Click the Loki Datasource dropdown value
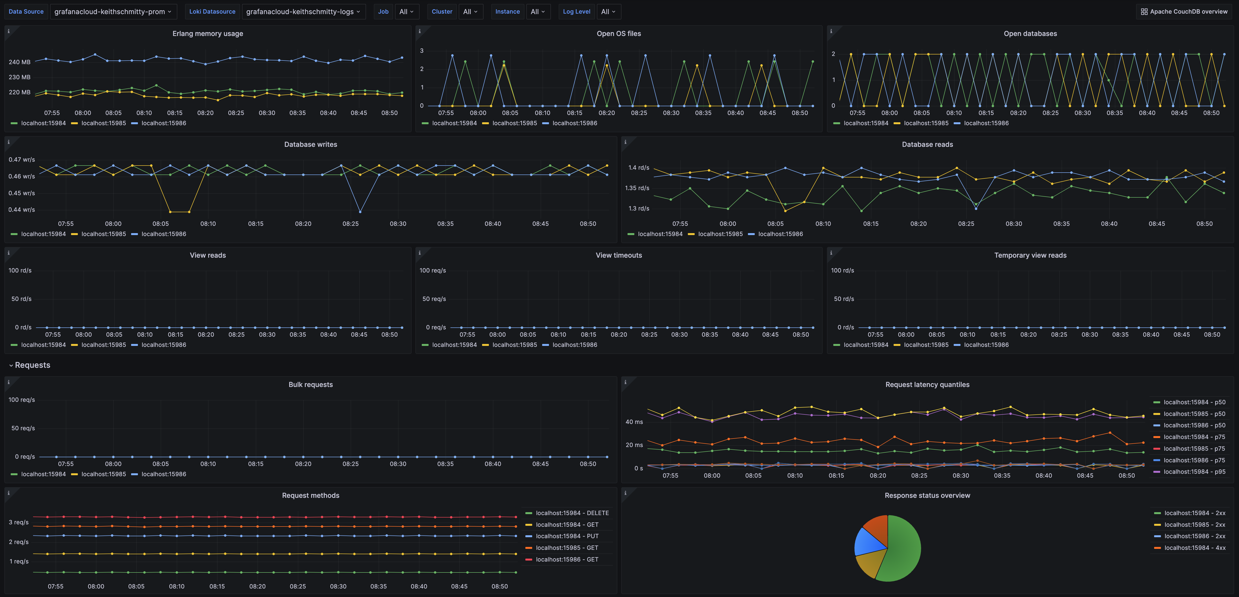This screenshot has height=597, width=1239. coord(303,11)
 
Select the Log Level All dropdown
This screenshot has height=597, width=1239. coord(608,11)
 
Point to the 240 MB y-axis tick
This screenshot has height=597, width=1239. coord(19,62)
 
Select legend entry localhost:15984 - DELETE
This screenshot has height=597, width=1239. coord(572,513)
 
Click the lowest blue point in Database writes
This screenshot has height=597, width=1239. coord(360,211)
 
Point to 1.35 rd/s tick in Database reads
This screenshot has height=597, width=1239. coord(637,188)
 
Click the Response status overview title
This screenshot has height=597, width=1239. coord(927,496)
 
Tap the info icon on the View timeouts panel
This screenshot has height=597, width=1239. coord(419,253)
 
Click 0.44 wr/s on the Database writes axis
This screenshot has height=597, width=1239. coord(21,210)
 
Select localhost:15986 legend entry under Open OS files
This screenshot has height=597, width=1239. coord(574,123)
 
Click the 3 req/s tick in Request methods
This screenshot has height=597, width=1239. coord(18,522)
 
